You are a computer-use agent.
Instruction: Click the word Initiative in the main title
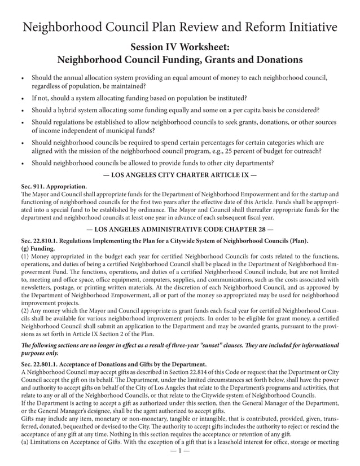[x=308, y=27]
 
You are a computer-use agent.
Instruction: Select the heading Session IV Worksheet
[x=180, y=46]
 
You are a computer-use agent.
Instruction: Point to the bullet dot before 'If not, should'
[x=21, y=98]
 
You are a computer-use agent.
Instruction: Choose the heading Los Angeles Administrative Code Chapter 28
[x=180, y=229]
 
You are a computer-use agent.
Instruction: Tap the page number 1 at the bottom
[x=180, y=451]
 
